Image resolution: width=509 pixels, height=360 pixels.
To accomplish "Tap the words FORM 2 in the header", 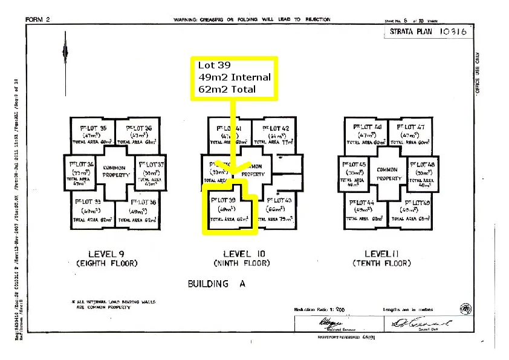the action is [x=37, y=19].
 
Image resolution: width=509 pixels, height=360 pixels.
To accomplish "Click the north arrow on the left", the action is [x=65, y=54].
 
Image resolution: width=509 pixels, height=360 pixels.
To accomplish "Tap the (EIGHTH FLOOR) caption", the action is [x=107, y=264].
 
